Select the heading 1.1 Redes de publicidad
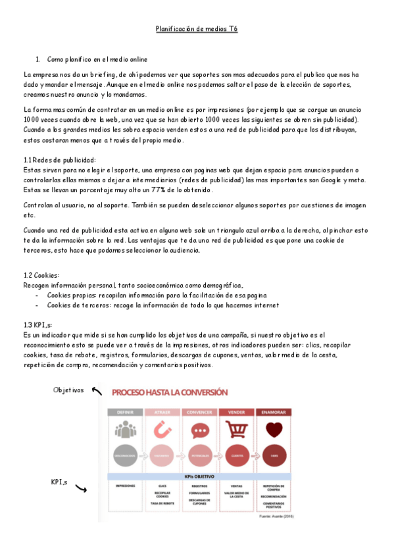tap(59, 160)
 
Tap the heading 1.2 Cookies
tap(41, 275)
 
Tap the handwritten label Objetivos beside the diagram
tap(68, 390)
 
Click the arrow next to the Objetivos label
tap(97, 392)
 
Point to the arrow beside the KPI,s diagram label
tap(82, 488)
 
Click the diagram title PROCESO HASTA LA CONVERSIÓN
tap(170, 393)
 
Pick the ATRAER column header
tap(162, 412)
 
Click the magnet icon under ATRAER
tap(162, 430)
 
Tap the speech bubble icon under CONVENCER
tap(199, 430)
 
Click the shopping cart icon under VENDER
tap(235, 430)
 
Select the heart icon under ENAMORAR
tap(272, 430)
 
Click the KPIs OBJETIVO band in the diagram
tap(198, 476)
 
